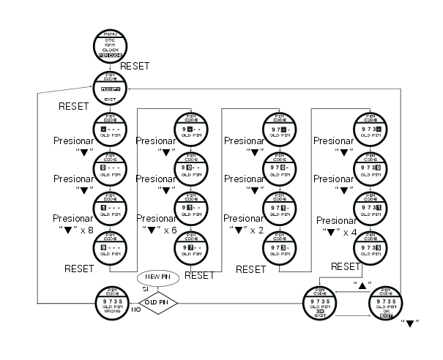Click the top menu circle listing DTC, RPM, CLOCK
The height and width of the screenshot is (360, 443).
(x=110, y=46)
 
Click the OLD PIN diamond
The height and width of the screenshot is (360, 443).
(x=158, y=301)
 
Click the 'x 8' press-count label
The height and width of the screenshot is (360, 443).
(x=74, y=229)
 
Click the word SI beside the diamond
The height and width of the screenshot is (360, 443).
(x=145, y=289)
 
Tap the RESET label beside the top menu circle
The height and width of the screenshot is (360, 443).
(x=135, y=66)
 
